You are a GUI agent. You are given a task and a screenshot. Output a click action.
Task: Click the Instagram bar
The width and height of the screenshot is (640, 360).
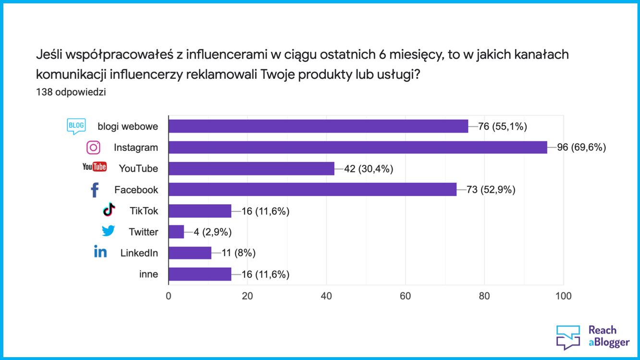click(358, 148)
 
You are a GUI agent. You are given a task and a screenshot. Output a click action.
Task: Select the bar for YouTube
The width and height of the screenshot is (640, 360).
click(251, 169)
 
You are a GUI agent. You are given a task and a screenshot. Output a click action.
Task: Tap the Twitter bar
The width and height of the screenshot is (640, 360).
click(176, 232)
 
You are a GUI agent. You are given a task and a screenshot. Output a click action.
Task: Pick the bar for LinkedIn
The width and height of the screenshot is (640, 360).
click(190, 253)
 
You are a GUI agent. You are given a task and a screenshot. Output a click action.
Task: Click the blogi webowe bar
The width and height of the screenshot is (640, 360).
click(318, 126)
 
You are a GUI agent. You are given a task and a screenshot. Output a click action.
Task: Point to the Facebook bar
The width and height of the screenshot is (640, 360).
click(312, 190)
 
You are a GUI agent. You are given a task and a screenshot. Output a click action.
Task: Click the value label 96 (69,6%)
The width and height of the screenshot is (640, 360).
click(581, 148)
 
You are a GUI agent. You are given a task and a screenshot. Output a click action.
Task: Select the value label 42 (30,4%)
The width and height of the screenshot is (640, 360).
click(369, 169)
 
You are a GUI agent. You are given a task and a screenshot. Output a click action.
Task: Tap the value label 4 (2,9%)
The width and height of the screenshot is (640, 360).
click(212, 232)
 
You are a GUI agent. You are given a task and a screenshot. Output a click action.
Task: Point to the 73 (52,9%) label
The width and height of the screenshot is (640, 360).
click(491, 190)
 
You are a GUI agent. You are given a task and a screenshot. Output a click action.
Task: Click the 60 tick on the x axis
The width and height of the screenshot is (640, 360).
click(406, 296)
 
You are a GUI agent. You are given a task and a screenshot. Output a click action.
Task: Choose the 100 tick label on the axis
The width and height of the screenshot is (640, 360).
click(563, 296)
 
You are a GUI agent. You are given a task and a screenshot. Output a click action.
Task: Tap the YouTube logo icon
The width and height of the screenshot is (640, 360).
click(95, 167)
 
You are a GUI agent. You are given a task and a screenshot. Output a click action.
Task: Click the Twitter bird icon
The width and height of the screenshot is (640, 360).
click(108, 231)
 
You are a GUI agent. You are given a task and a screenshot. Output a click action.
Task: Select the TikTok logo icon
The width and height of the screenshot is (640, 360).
click(110, 210)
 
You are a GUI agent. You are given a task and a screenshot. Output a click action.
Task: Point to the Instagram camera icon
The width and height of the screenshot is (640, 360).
click(93, 148)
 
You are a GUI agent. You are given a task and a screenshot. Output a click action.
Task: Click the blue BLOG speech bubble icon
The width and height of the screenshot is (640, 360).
click(76, 126)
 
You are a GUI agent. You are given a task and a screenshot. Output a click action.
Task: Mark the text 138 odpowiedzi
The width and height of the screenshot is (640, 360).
click(71, 92)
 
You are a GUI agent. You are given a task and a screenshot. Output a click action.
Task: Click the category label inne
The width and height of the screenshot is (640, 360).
click(148, 274)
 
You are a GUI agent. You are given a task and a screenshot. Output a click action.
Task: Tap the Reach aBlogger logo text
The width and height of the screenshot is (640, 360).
click(609, 336)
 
